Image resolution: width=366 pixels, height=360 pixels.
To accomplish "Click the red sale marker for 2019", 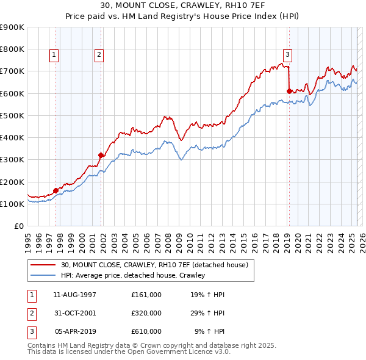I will [289, 91].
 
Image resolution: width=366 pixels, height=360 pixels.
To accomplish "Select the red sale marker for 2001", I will [101, 155].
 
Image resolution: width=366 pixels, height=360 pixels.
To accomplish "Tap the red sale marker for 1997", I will [56, 190].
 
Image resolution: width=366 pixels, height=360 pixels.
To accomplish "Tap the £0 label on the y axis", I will [20, 226].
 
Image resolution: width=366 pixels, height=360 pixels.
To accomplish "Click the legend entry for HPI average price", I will [133, 275].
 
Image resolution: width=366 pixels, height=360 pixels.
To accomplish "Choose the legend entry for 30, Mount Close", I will [154, 265].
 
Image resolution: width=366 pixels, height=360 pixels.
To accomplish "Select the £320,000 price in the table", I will [146, 313].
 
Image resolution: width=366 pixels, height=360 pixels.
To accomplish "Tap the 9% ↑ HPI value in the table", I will [209, 331].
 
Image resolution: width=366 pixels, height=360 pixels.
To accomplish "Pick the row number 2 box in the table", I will [30, 313].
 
